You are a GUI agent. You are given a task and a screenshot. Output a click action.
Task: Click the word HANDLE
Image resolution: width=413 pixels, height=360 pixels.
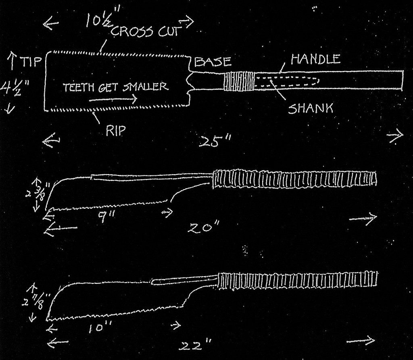315,59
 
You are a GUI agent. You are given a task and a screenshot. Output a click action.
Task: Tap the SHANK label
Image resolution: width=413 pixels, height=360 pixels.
311,108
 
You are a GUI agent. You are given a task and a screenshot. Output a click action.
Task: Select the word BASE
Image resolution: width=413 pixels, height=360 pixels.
213,62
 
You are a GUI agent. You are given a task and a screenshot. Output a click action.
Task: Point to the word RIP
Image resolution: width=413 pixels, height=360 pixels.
115,131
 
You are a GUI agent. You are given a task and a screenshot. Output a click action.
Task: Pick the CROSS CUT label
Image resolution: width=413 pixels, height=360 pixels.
146,31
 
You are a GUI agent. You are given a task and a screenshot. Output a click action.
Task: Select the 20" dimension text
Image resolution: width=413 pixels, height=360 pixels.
204,227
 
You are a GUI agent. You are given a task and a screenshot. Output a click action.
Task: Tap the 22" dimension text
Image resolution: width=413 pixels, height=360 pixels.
195,345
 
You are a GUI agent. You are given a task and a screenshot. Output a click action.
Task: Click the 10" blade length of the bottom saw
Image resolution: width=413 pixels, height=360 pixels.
100,328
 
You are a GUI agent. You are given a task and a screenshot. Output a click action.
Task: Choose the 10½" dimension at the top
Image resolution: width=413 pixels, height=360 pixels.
103,20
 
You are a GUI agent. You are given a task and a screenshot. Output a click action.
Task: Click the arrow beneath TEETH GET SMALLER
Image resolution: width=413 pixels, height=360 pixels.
113,99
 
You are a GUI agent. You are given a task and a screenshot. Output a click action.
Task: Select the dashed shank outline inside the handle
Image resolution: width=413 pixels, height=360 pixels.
287,81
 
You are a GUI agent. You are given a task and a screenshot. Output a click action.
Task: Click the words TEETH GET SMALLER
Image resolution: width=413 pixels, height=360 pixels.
115,87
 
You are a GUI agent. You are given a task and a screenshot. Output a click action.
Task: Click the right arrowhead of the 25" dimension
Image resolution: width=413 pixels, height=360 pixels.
396,135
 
